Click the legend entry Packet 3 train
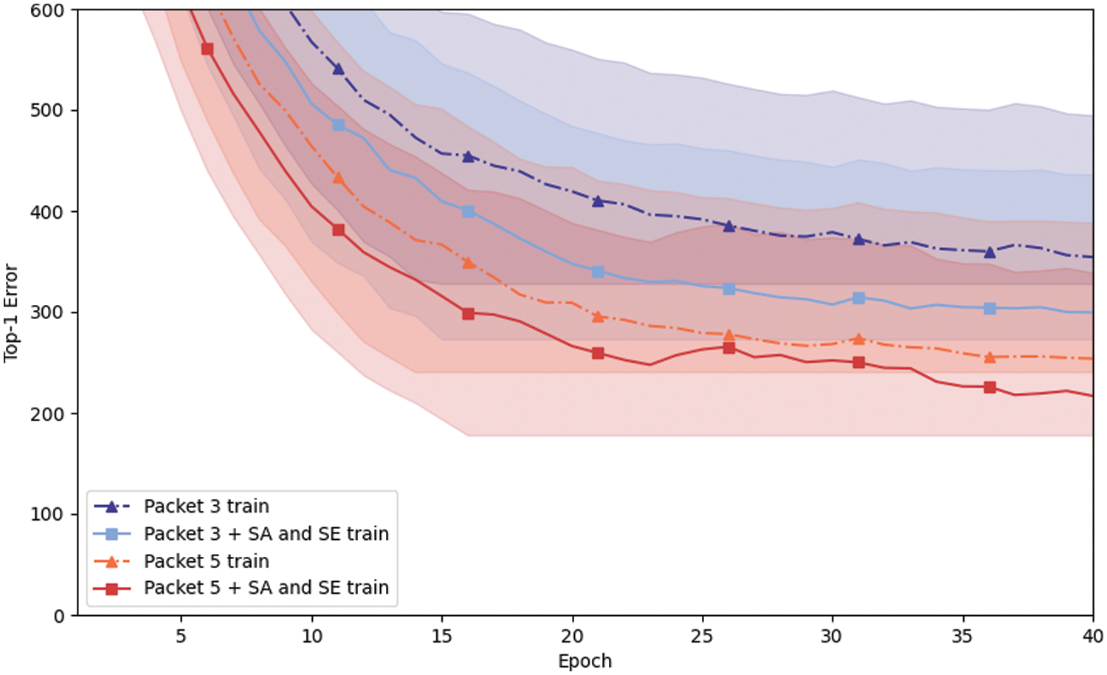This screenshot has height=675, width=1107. pyautogui.click(x=206, y=507)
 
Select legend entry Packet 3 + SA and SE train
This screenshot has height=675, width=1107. pyautogui.click(x=266, y=534)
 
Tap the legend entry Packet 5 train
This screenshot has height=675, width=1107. pyautogui.click(x=206, y=561)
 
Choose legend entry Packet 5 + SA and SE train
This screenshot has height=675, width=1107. pyautogui.click(x=266, y=588)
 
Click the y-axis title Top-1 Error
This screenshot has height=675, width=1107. pyautogui.click(x=10, y=313)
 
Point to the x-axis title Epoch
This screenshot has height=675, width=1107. pyautogui.click(x=584, y=661)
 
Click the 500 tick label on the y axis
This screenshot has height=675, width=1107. pyautogui.click(x=46, y=111)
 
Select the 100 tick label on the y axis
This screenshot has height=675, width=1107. pyautogui.click(x=46, y=515)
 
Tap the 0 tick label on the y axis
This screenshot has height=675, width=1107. pyautogui.click(x=59, y=616)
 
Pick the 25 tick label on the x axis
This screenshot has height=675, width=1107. pyautogui.click(x=702, y=637)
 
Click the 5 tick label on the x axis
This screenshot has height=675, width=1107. pyautogui.click(x=181, y=637)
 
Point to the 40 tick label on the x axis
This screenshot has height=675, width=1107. pyautogui.click(x=1092, y=637)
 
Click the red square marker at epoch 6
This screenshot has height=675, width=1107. pyautogui.click(x=207, y=49)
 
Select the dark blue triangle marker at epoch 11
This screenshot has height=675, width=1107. pyautogui.click(x=338, y=69)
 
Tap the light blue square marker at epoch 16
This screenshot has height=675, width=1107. pyautogui.click(x=468, y=212)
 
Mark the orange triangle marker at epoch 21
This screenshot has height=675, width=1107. pyautogui.click(x=598, y=317)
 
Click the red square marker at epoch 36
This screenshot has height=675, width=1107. pyautogui.click(x=990, y=388)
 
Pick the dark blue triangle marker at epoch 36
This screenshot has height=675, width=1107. pyautogui.click(x=990, y=253)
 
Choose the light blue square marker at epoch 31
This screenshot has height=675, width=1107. pyautogui.click(x=858, y=298)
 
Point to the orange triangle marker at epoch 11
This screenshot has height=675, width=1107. pyautogui.click(x=338, y=178)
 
